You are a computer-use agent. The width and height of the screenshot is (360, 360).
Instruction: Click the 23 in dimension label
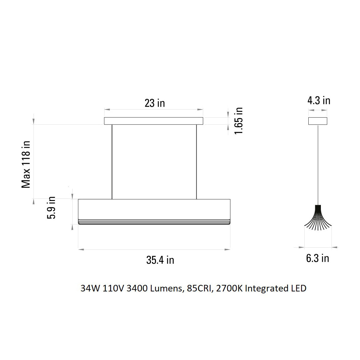tap(155, 103)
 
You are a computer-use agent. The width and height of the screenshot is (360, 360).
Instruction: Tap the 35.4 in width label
tap(160, 260)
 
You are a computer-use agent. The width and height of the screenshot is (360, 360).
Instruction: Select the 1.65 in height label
tap(239, 121)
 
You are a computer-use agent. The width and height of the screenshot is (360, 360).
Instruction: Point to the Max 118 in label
tap(26, 164)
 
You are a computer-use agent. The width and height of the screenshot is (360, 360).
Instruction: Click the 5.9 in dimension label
tap(51, 208)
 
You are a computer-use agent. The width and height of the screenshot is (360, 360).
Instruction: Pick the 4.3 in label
tap(319, 100)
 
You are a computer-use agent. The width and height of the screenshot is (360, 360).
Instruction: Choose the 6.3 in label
tap(317, 258)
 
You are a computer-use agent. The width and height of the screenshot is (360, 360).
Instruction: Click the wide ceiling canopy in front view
tap(153, 121)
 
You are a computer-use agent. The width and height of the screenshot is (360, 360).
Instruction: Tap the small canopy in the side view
tap(317, 121)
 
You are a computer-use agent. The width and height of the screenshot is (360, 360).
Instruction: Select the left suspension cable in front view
tap(112, 162)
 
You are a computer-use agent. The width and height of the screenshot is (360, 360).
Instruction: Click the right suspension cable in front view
tap(196, 162)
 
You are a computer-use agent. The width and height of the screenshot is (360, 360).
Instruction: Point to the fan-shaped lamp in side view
tap(318, 218)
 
